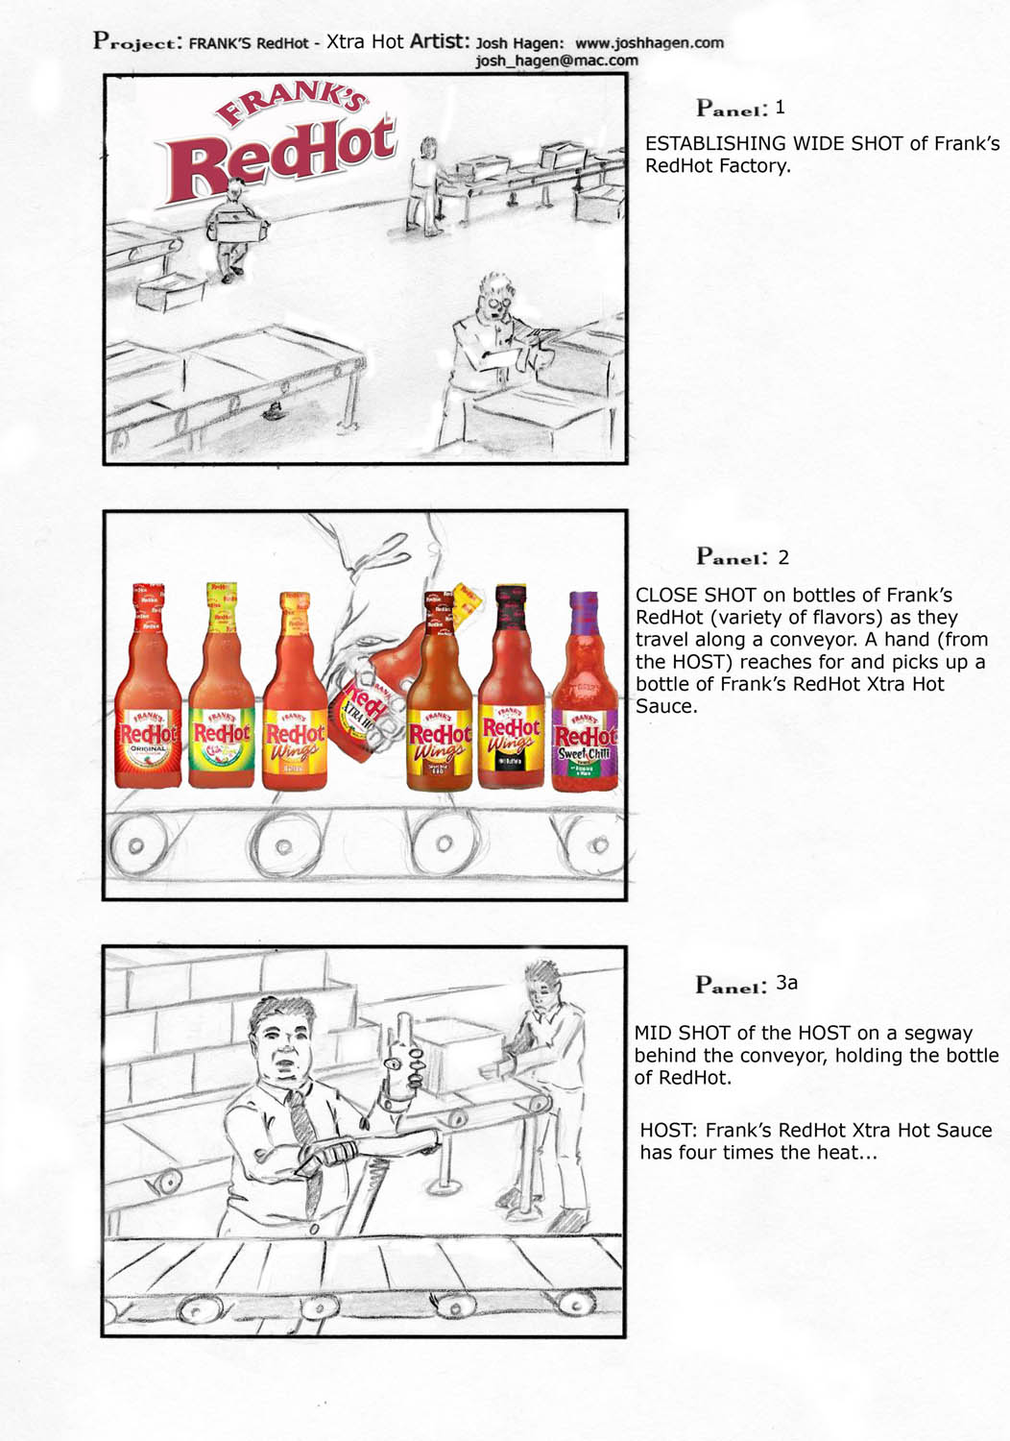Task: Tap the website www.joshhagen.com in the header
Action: tap(649, 43)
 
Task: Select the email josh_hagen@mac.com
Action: tap(557, 61)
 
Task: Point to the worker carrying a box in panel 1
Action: tap(236, 230)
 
